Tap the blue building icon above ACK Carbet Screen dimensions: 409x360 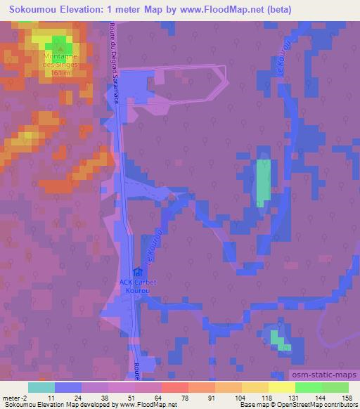coord(138,273)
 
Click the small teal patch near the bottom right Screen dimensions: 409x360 coord(280,342)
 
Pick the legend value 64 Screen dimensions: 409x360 coord(148,397)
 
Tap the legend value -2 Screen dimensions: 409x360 coord(22,397)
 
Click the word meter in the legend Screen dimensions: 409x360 coord(11,397)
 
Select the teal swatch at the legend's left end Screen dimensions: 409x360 coord(41,387)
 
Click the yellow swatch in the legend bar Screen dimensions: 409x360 coord(282,387)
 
